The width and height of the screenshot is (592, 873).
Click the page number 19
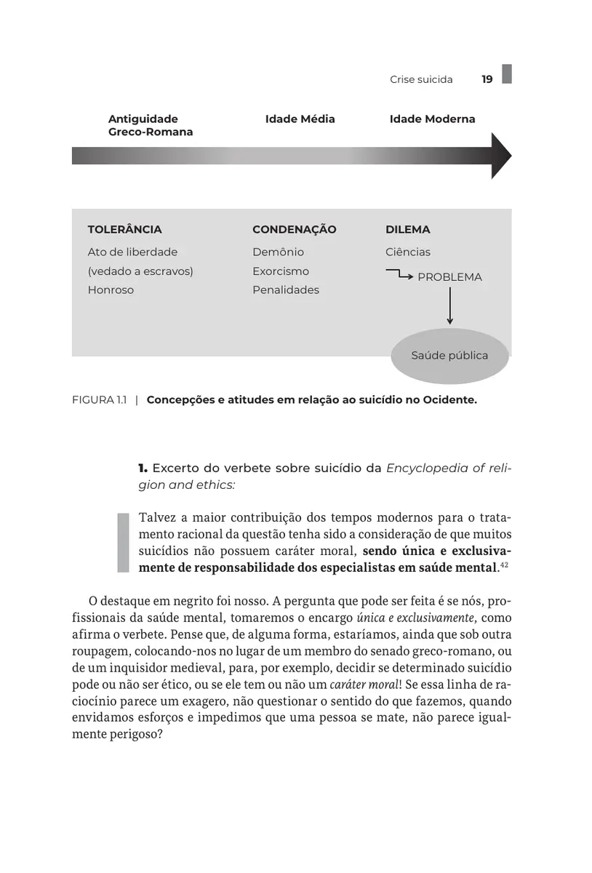pyautogui.click(x=487, y=79)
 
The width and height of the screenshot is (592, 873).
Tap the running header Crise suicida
pyautogui.click(x=421, y=79)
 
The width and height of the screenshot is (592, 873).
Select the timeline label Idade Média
pyautogui.click(x=300, y=119)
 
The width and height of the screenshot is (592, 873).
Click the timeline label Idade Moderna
pyautogui.click(x=432, y=119)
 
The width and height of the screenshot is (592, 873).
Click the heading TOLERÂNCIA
pyautogui.click(x=124, y=229)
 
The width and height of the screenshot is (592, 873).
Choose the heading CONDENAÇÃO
pyautogui.click(x=294, y=229)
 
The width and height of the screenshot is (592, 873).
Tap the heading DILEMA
pyautogui.click(x=407, y=229)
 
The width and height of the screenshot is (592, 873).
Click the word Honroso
pyautogui.click(x=111, y=290)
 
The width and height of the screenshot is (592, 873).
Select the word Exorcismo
pyautogui.click(x=281, y=271)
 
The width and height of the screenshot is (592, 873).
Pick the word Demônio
pyautogui.click(x=278, y=252)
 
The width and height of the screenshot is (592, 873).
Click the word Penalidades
pyautogui.click(x=286, y=290)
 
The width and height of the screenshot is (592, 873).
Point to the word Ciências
pyautogui.click(x=407, y=252)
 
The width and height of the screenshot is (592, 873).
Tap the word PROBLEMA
pyautogui.click(x=449, y=277)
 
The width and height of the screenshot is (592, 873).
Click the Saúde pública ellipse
pyautogui.click(x=449, y=356)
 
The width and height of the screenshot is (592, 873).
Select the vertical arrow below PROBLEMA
pyautogui.click(x=449, y=306)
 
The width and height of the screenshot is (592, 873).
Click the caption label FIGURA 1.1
pyautogui.click(x=100, y=399)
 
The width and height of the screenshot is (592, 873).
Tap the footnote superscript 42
pyautogui.click(x=503, y=564)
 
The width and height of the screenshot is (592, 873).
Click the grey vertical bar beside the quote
pyautogui.click(x=122, y=542)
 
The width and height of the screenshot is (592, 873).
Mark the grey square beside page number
pyautogui.click(x=507, y=73)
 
